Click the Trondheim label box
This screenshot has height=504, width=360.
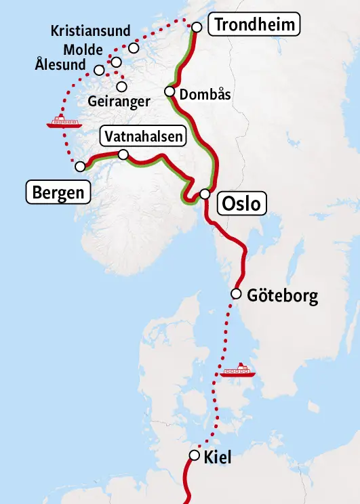254,26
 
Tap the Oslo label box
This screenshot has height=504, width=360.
242,203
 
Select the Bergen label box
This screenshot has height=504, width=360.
59,192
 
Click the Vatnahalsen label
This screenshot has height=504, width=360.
143,137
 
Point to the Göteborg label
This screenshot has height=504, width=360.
282,296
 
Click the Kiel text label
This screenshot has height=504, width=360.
218,457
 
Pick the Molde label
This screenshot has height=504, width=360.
83,49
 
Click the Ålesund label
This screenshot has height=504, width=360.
61,66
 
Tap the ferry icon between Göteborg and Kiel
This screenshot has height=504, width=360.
238,371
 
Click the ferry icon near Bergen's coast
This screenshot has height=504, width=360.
64,122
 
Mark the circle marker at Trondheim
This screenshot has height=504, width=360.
197,27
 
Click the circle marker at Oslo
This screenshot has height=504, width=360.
205,194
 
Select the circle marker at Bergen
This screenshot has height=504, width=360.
80,166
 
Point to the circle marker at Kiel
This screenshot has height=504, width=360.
195,455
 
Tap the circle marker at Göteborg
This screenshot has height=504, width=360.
236,294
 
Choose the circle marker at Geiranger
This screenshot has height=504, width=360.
122,86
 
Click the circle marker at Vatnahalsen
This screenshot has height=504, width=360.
123,155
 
